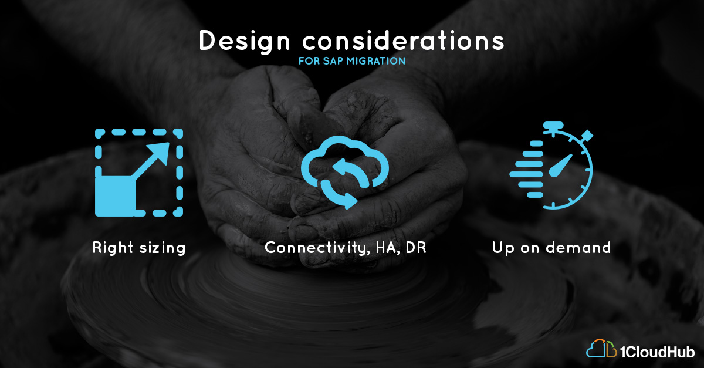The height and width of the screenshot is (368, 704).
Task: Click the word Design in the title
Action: point(245,41)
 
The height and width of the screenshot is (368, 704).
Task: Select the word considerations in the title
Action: point(403,40)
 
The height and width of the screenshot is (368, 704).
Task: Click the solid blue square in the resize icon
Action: point(115,196)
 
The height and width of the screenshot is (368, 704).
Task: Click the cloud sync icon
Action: point(345,172)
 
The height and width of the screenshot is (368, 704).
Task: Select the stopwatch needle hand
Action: point(560,166)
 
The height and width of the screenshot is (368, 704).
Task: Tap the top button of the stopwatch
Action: point(553,125)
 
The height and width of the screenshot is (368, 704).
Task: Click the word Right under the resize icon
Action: point(113,248)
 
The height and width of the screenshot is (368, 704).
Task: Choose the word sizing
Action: point(163,248)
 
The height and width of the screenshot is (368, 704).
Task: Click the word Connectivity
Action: point(316,248)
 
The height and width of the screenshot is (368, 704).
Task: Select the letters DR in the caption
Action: point(416,248)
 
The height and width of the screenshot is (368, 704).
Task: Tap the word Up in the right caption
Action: point(503,248)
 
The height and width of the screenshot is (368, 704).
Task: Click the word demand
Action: point(578,248)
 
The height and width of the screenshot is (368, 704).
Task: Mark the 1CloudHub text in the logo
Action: point(658,352)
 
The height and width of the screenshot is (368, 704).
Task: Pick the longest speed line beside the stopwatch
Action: point(526,174)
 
